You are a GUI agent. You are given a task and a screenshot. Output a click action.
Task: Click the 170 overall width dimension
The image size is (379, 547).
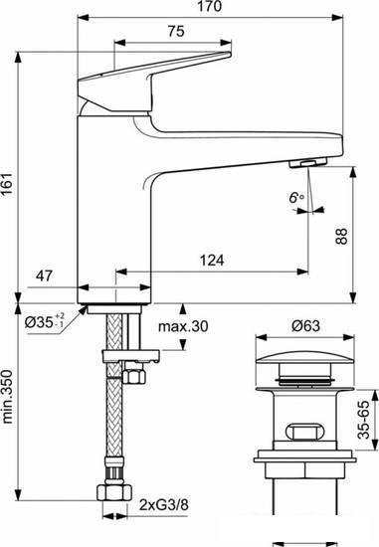point(210,7)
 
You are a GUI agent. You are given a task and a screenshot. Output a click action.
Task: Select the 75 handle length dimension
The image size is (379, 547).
point(176,32)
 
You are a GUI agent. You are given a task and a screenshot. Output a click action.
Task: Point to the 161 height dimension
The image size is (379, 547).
point(7,184)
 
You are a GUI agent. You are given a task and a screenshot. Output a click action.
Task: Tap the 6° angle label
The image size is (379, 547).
point(296,198)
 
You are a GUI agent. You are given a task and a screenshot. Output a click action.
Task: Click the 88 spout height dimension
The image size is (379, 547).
point(341,236)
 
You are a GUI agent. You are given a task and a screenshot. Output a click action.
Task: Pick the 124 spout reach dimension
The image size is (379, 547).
point(212,261)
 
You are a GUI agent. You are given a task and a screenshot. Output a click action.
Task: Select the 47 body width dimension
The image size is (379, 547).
point(45,275)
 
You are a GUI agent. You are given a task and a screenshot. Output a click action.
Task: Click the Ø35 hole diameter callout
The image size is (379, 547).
point(45,321)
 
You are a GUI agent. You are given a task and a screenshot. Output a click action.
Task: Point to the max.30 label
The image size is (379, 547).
point(183,326)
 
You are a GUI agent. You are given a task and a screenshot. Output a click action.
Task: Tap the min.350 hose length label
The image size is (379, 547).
point(7,397)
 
